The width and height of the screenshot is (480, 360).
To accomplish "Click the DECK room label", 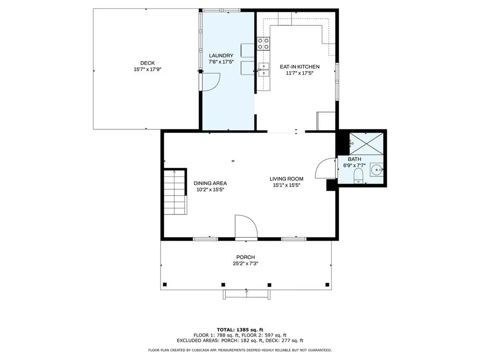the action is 148,63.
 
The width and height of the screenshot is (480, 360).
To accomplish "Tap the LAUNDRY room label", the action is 221,56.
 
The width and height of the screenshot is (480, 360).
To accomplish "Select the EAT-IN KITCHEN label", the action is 300,67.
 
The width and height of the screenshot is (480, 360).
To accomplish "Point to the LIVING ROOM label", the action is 286,179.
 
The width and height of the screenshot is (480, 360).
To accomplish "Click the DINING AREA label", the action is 210,183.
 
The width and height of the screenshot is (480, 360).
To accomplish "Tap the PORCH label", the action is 246,257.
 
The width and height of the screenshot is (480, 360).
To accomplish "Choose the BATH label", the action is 354,159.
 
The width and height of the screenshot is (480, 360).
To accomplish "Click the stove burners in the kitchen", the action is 263,44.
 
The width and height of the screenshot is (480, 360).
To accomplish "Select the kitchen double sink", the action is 263,69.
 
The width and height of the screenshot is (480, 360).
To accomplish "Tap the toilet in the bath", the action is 358,177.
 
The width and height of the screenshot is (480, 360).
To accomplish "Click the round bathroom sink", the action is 376,169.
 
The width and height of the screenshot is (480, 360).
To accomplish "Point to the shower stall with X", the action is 367,143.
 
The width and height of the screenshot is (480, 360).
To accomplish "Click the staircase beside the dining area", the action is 175,192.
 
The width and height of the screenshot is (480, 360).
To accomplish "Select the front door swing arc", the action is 251,220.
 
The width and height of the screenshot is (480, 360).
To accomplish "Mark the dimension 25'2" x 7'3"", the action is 246,263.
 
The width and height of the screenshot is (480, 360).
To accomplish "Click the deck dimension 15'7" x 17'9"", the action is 148,69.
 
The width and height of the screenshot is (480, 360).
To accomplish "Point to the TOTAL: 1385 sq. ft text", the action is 240,330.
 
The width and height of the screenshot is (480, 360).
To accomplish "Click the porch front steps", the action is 247,294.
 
